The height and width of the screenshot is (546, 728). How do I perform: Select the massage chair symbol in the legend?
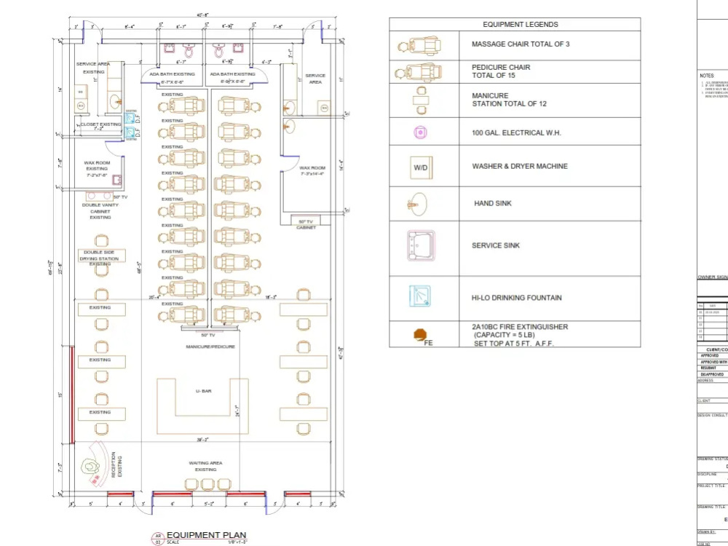[x=419, y=47]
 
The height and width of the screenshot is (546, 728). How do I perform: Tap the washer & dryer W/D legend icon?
[x=421, y=167]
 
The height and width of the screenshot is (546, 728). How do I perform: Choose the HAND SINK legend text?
[x=494, y=204]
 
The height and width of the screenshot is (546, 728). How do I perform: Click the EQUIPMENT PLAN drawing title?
[x=206, y=535]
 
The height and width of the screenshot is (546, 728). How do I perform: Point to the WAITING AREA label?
[x=205, y=463]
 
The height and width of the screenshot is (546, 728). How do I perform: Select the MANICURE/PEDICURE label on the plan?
[x=210, y=347]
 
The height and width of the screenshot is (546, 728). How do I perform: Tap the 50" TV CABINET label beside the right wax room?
[x=306, y=223]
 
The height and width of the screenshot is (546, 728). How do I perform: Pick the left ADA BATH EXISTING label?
[x=172, y=74]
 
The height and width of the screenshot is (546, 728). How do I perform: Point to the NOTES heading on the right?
[x=706, y=76]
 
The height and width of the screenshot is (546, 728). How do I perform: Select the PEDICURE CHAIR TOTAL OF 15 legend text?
[x=501, y=71]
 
